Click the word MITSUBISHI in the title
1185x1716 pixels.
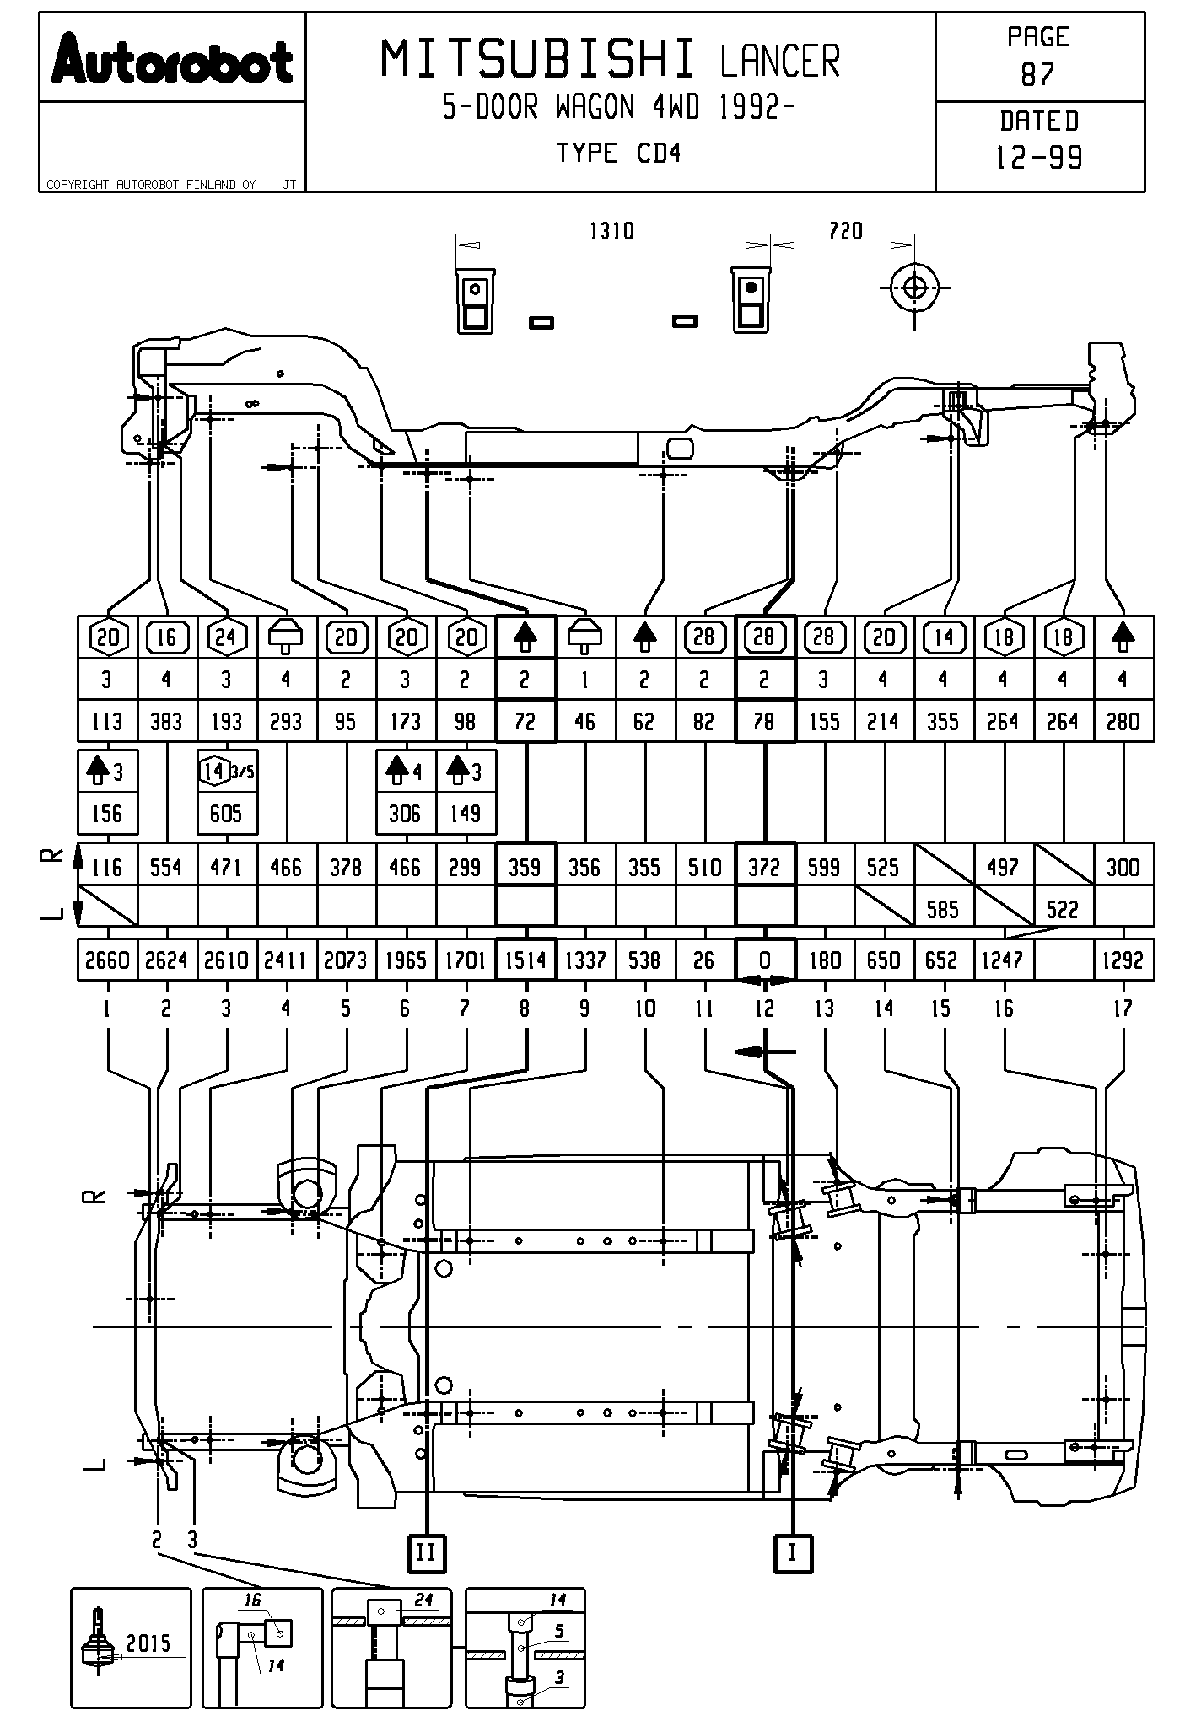point(539,60)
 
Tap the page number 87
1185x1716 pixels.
point(1038,75)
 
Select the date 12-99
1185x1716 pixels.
point(1039,158)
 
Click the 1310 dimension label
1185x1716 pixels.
point(611,231)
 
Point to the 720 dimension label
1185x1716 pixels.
point(845,231)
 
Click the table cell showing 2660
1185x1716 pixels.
point(107,960)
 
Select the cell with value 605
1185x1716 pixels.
point(226,814)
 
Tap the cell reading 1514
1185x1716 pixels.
point(525,960)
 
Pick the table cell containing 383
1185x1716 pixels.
point(166,722)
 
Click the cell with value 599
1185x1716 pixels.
point(824,868)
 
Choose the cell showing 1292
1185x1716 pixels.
point(1123,960)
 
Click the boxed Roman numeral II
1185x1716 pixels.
point(426,1552)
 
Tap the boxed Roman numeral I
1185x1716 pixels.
point(792,1552)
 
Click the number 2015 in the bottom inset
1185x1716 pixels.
point(148,1643)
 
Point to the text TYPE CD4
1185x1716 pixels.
point(618,153)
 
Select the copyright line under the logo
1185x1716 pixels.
point(152,185)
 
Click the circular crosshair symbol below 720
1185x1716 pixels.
point(914,288)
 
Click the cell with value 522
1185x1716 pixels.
point(1063,910)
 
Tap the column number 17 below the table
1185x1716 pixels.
point(1123,1009)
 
